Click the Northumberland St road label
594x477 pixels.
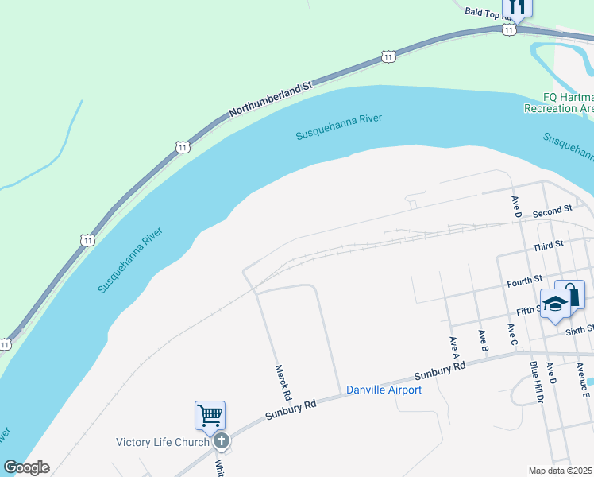pos(272,98)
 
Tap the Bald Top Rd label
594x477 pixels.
pos(486,11)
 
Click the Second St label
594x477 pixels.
pos(552,211)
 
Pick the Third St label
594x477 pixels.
pos(548,243)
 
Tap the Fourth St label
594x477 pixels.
pos(525,280)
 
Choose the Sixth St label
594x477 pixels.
pos(580,329)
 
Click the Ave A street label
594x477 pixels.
pos(454,344)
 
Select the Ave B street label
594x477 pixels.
pos(482,339)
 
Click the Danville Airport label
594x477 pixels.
pos(384,390)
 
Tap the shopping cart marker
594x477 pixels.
pos(210,415)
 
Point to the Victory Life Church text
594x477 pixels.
pos(163,442)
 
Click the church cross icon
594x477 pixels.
pos(222,440)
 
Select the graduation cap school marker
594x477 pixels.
pos(555,303)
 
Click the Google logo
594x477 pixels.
pos(26,467)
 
